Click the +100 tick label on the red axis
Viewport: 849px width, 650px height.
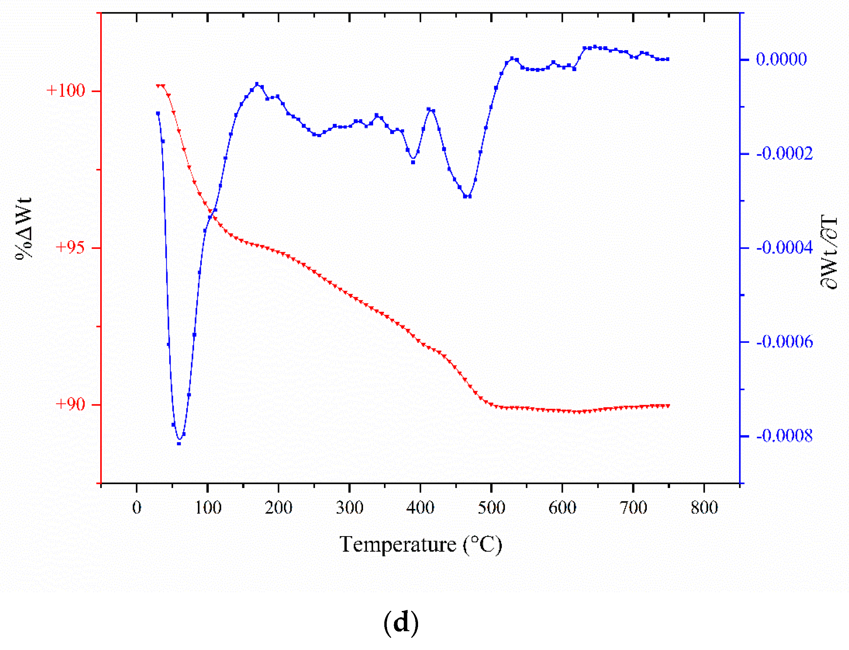pyautogui.click(x=65, y=91)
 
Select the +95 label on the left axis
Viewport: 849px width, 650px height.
pyautogui.click(x=70, y=248)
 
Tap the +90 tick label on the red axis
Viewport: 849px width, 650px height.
pyautogui.click(x=70, y=404)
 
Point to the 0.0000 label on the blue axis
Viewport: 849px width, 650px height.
pyautogui.click(x=781, y=60)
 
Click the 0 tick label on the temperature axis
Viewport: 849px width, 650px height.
pyautogui.click(x=137, y=508)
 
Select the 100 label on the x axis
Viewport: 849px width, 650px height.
pyautogui.click(x=208, y=508)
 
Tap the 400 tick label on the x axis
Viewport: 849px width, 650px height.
pyautogui.click(x=420, y=508)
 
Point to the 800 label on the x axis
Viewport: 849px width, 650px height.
pyautogui.click(x=705, y=508)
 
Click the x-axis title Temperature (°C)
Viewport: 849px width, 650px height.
pyautogui.click(x=420, y=545)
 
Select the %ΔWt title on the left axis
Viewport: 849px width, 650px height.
pyautogui.click(x=24, y=228)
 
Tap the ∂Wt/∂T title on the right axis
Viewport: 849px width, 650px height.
pyautogui.click(x=828, y=252)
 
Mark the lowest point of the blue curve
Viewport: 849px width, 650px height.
pyautogui.click(x=179, y=443)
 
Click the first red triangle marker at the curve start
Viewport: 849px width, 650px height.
pyautogui.click(x=158, y=85)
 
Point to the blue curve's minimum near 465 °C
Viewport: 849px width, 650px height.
pyautogui.click(x=467, y=196)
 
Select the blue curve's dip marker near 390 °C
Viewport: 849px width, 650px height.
pyautogui.click(x=413, y=162)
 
